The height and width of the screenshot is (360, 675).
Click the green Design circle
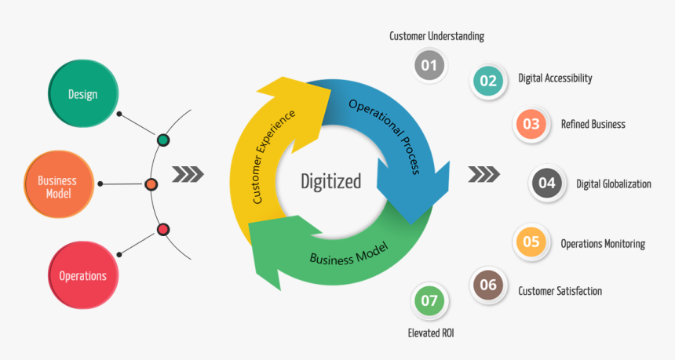[83, 93]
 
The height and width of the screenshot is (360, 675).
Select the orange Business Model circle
[57, 185]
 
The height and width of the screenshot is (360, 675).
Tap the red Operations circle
[82, 275]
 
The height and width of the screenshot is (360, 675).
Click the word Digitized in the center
[331, 181]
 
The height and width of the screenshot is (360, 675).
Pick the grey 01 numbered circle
[429, 65]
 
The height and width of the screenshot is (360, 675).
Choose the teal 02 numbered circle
[488, 80]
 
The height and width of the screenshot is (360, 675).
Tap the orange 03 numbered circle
[531, 124]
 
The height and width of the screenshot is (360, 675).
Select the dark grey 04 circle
[547, 184]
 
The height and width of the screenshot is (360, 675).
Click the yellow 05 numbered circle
[531, 242]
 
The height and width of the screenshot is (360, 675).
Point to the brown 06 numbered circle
[488, 285]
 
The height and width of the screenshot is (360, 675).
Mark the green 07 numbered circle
[429, 300]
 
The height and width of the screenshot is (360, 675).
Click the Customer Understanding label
[436, 36]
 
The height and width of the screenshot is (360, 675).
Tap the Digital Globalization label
[614, 184]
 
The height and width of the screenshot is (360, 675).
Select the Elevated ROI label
[431, 333]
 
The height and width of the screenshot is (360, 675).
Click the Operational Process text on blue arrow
[385, 136]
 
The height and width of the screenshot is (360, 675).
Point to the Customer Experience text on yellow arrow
[274, 156]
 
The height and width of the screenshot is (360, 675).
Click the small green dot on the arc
[162, 140]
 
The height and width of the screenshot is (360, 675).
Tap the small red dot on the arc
[163, 230]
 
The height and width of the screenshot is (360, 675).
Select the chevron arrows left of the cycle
[188, 173]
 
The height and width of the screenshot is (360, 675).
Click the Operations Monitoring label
[603, 244]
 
